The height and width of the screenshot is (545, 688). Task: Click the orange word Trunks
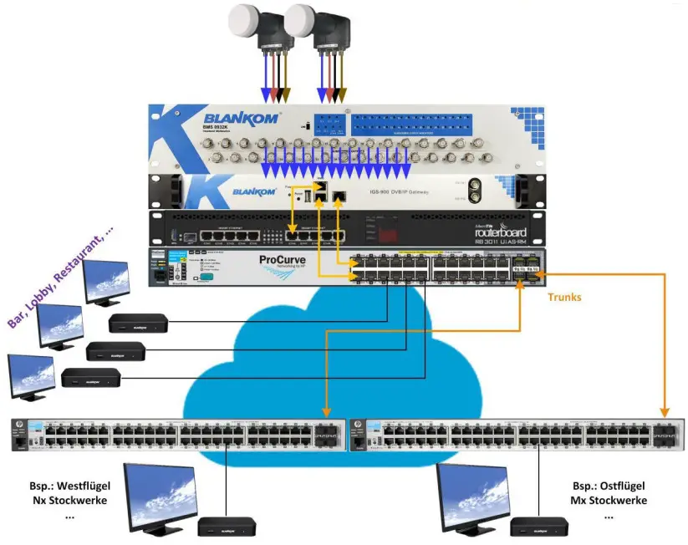point(566,297)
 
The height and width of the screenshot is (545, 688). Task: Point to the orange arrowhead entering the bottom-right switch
point(665,412)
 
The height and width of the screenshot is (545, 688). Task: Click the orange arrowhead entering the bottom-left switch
point(325,412)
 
